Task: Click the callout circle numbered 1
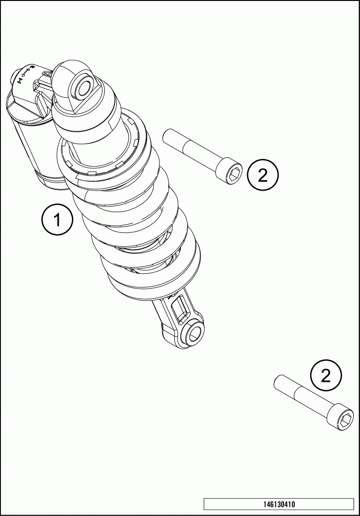(57, 220)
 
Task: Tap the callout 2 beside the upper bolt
(263, 175)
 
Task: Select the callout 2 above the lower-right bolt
(326, 376)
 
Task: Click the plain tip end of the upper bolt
(168, 136)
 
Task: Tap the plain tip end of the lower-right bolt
(279, 381)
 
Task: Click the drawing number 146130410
(279, 504)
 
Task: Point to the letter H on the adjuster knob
(20, 80)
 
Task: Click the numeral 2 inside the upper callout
(263, 175)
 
